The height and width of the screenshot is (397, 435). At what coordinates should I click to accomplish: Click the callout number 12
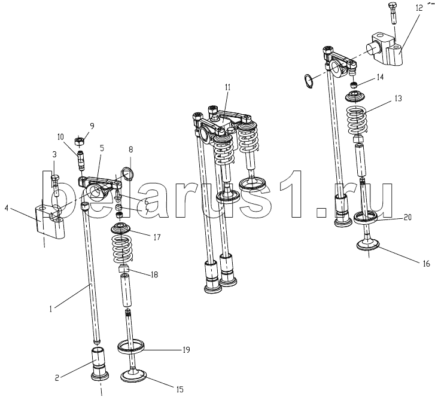(419, 8)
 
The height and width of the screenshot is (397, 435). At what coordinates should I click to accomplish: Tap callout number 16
(426, 264)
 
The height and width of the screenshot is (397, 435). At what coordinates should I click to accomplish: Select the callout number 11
(227, 87)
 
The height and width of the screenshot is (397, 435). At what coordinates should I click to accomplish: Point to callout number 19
(187, 350)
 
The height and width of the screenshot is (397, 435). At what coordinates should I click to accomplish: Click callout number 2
(57, 378)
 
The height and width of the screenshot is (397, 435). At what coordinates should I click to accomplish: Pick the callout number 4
(7, 208)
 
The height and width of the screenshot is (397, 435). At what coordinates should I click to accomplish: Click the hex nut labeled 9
(80, 142)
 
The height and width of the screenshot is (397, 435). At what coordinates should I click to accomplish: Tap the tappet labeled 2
(100, 363)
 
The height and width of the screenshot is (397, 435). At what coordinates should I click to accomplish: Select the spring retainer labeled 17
(122, 228)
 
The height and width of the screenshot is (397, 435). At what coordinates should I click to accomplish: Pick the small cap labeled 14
(353, 84)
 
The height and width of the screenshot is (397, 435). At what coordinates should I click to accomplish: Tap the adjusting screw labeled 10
(81, 160)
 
